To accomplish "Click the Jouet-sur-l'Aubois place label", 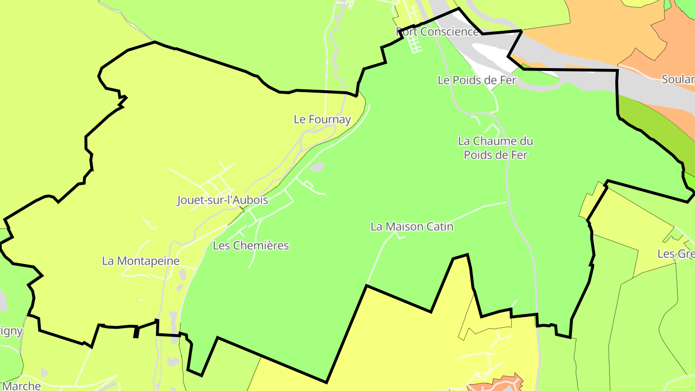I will tap(222, 200).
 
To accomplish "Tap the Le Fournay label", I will tap(322, 119).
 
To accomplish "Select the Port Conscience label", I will tap(438, 32).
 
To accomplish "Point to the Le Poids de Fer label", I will tap(477, 80).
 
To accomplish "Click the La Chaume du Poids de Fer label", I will tap(496, 148).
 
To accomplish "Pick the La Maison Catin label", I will tap(412, 226).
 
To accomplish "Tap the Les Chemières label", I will tap(251, 246).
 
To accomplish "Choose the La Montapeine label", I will tap(140, 261).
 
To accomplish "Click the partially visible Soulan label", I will tap(678, 80).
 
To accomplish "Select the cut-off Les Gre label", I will tap(676, 254).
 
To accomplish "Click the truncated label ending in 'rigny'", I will tap(11, 331).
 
